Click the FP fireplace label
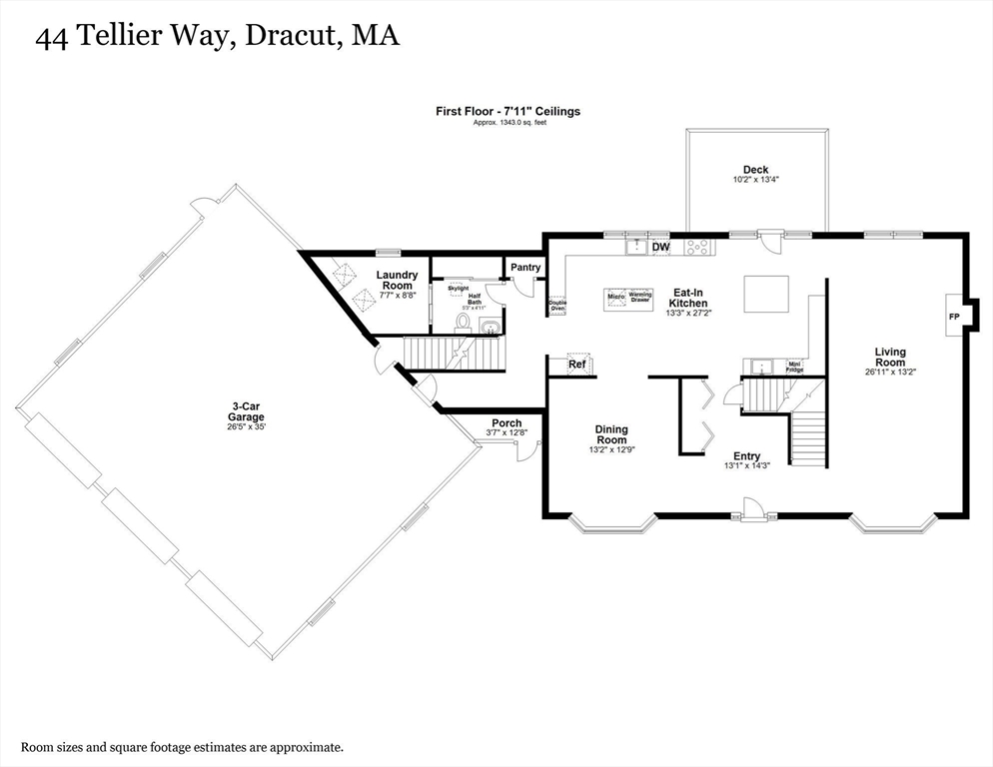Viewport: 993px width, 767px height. [x=952, y=317]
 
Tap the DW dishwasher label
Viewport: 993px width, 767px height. [x=660, y=247]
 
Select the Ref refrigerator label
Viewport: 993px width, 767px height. [x=577, y=365]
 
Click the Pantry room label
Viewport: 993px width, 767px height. [x=525, y=268]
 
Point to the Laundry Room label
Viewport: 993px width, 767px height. [x=397, y=280]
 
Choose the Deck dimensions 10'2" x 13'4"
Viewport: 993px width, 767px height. [x=755, y=181]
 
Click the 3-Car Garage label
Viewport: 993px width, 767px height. [x=248, y=411]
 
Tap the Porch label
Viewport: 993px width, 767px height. [x=506, y=423]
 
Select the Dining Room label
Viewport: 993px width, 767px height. [x=611, y=435]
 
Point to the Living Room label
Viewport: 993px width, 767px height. [x=890, y=357]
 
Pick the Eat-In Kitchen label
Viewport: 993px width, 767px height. [x=688, y=297]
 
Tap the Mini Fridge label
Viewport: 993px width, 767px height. [x=795, y=367]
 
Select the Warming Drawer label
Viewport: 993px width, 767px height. [x=640, y=297]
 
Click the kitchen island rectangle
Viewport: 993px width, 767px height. [x=766, y=294]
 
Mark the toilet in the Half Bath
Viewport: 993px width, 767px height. [x=463, y=321]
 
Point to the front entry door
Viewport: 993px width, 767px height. [x=751, y=512]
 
